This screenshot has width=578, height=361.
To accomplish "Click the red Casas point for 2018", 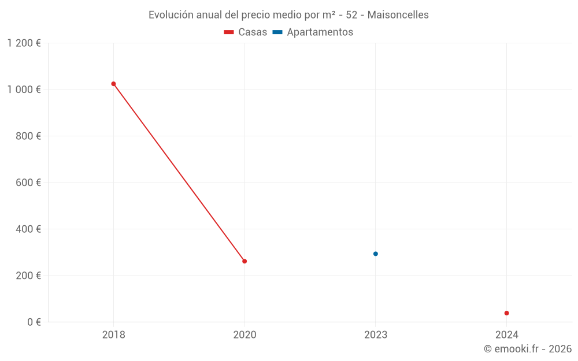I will coord(113,84).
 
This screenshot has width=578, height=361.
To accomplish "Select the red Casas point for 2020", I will coord(244,261).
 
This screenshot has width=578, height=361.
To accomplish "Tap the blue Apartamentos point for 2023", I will coord(376,254).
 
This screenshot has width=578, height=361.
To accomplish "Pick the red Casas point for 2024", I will coord(507,313).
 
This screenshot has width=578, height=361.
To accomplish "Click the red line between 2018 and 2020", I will coord(179,173).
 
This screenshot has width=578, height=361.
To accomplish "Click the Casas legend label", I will coord(253,32).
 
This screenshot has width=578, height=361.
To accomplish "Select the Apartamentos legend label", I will coord(320,32).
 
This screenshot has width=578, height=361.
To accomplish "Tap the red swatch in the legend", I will coord(229,32).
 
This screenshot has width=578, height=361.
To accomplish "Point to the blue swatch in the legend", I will coord(277,32).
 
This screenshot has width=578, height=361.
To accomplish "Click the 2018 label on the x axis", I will coord(113,334).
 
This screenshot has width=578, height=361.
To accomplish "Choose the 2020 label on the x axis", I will coord(244,334).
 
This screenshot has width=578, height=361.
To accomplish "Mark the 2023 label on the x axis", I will coord(376,334).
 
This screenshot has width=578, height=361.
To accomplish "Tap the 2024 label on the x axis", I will coord(507,334).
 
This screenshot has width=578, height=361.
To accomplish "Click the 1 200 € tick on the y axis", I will coord(24,43).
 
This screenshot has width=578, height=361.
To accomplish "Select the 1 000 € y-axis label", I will coord(24,90).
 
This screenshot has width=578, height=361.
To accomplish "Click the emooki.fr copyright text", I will coord(528,349).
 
